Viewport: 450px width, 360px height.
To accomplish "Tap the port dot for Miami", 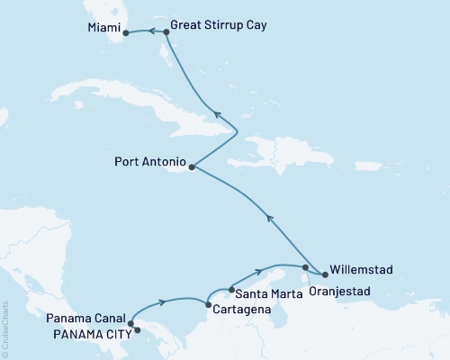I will pos(126,33).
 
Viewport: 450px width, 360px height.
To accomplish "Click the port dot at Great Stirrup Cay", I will pos(166,32).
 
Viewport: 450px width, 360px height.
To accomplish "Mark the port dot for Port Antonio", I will pos(191,166).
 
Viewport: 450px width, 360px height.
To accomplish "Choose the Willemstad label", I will pos(361,268).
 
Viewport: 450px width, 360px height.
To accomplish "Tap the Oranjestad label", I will pos(337,290).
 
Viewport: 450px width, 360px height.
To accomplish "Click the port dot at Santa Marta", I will pos(232,289).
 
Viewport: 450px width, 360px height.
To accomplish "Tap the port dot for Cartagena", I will pos(209,306).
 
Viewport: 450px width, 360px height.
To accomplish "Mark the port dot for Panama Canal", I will pos(130,324).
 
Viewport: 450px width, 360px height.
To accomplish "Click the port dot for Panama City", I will pos(137,330).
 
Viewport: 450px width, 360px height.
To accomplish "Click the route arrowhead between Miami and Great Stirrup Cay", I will pos(152,32).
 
